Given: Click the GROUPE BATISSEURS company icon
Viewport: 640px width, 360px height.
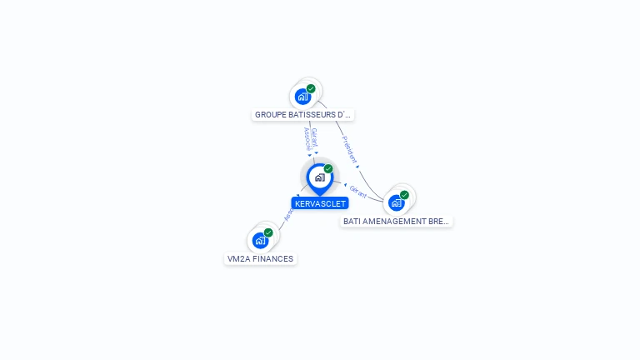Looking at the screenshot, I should [302, 96].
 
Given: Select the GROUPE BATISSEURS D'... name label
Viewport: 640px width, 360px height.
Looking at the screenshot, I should [303, 114].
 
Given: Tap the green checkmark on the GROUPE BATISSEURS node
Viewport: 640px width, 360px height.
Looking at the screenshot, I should [311, 88].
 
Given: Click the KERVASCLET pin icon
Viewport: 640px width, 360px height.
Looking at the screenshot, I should [319, 177].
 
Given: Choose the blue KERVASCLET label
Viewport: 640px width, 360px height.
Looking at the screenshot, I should [320, 203].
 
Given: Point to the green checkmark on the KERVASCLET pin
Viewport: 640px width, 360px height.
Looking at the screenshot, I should [328, 168].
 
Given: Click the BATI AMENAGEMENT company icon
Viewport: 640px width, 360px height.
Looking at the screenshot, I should [397, 202].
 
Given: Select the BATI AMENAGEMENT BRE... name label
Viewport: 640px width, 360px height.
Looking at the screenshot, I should [397, 221].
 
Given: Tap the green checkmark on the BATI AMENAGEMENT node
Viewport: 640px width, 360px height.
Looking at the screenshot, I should [404, 195].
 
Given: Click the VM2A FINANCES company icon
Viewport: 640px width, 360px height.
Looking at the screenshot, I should [260, 240].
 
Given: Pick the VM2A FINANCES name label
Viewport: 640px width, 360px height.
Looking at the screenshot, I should [261, 258].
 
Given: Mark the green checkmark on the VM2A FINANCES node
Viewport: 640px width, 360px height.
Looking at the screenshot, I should [268, 232].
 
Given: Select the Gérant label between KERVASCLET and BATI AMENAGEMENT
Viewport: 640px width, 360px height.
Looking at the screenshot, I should [358, 191].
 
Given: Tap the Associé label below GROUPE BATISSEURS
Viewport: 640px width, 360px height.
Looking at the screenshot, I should [307, 139].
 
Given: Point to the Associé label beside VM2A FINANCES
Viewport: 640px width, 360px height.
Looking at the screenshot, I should [288, 215].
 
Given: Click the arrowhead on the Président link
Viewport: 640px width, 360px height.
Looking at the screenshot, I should [357, 167].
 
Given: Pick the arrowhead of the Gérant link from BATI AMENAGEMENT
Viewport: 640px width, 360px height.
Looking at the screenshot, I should [345, 184].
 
